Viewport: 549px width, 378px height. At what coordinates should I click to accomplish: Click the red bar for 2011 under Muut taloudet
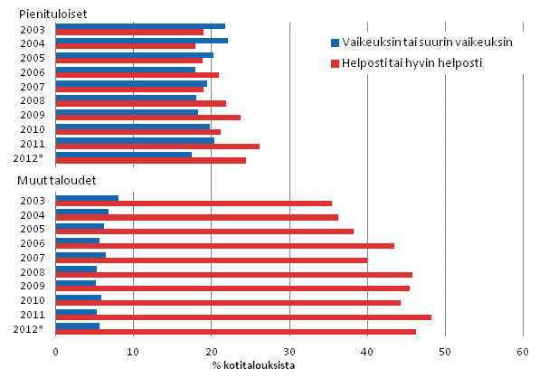pos(243,317)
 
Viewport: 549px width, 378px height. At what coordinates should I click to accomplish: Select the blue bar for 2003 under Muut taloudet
pos(87,198)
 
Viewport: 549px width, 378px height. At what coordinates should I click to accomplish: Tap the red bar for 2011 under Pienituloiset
pos(157,146)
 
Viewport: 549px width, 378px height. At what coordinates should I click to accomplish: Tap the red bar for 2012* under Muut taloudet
pos(236,332)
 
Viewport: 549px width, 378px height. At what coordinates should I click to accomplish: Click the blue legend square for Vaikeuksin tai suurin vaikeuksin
pos(334,42)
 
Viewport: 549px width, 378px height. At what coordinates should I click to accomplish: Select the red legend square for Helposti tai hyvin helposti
pos(334,63)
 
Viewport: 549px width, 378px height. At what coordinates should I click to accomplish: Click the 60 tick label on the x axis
pos(522,352)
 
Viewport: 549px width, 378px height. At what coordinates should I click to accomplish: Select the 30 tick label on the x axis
pos(289,352)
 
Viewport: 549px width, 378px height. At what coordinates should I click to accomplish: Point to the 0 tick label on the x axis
pos(56,352)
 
